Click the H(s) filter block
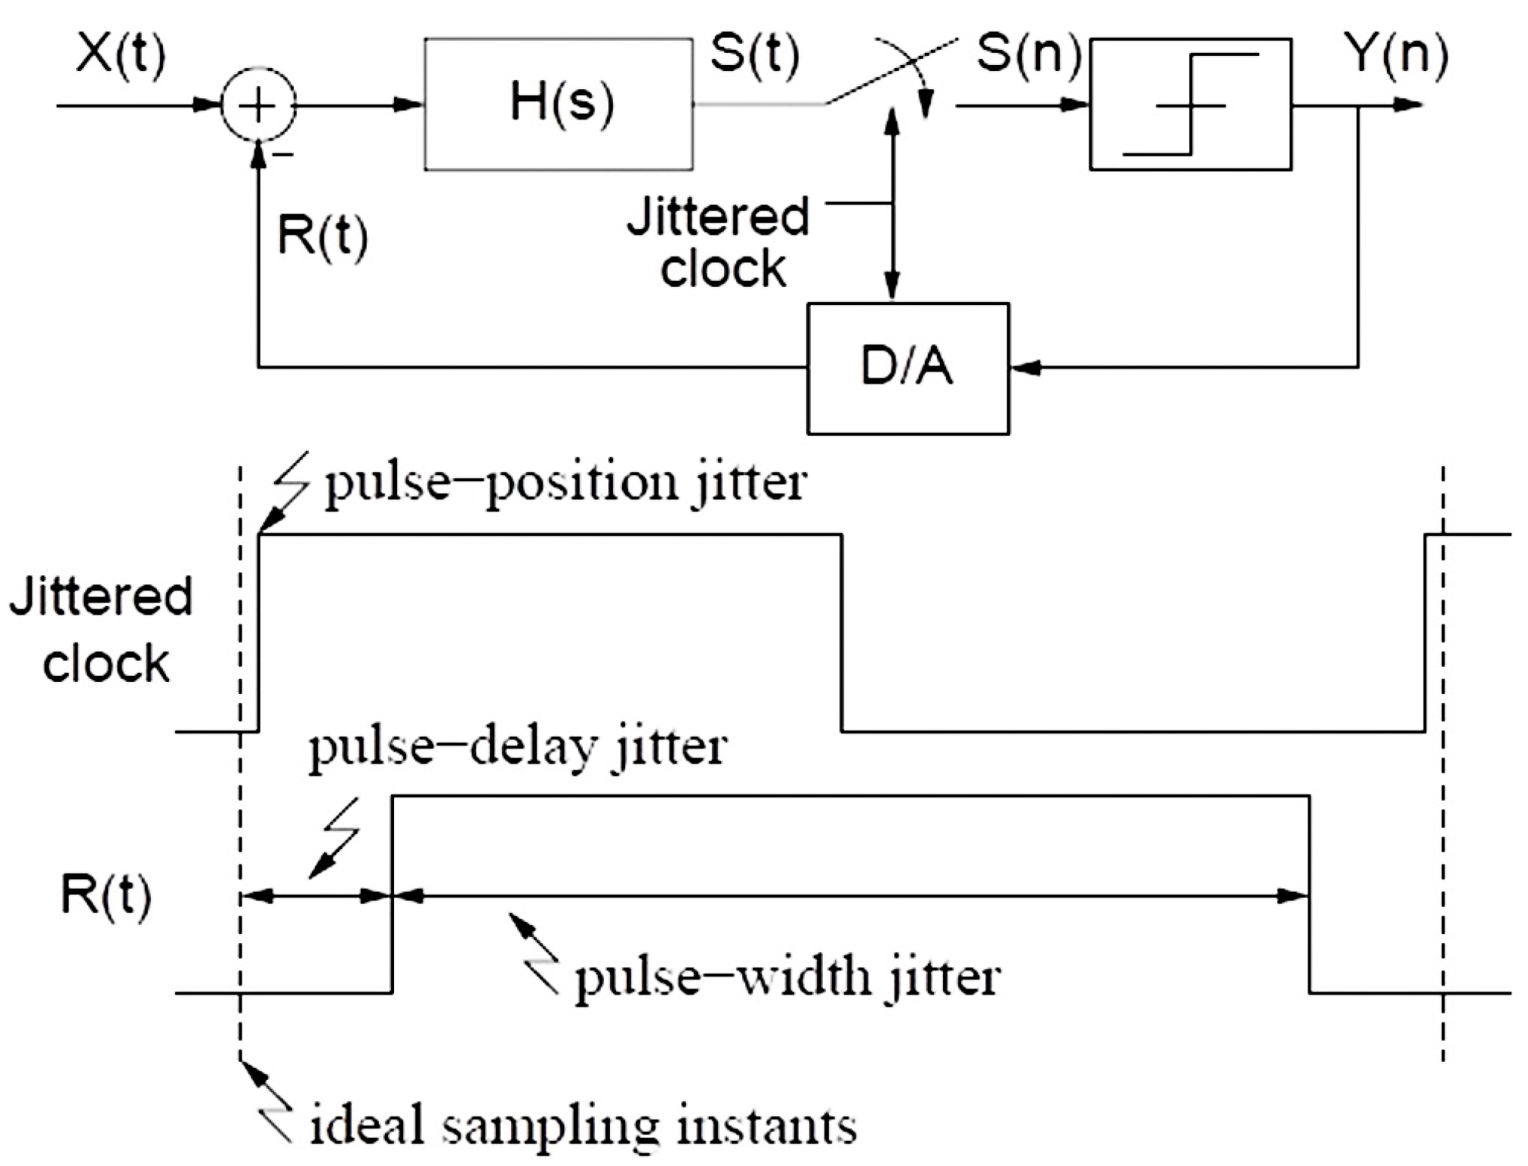[559, 104]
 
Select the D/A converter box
[907, 369]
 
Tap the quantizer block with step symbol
[1190, 104]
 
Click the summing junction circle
[258, 105]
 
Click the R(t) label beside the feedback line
[323, 236]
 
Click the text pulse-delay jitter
[518, 748]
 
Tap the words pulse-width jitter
[787, 977]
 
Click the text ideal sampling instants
[583, 1125]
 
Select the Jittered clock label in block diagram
[719, 242]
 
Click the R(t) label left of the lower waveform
[106, 896]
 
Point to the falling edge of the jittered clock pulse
[842, 633]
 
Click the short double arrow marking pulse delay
[316, 896]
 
